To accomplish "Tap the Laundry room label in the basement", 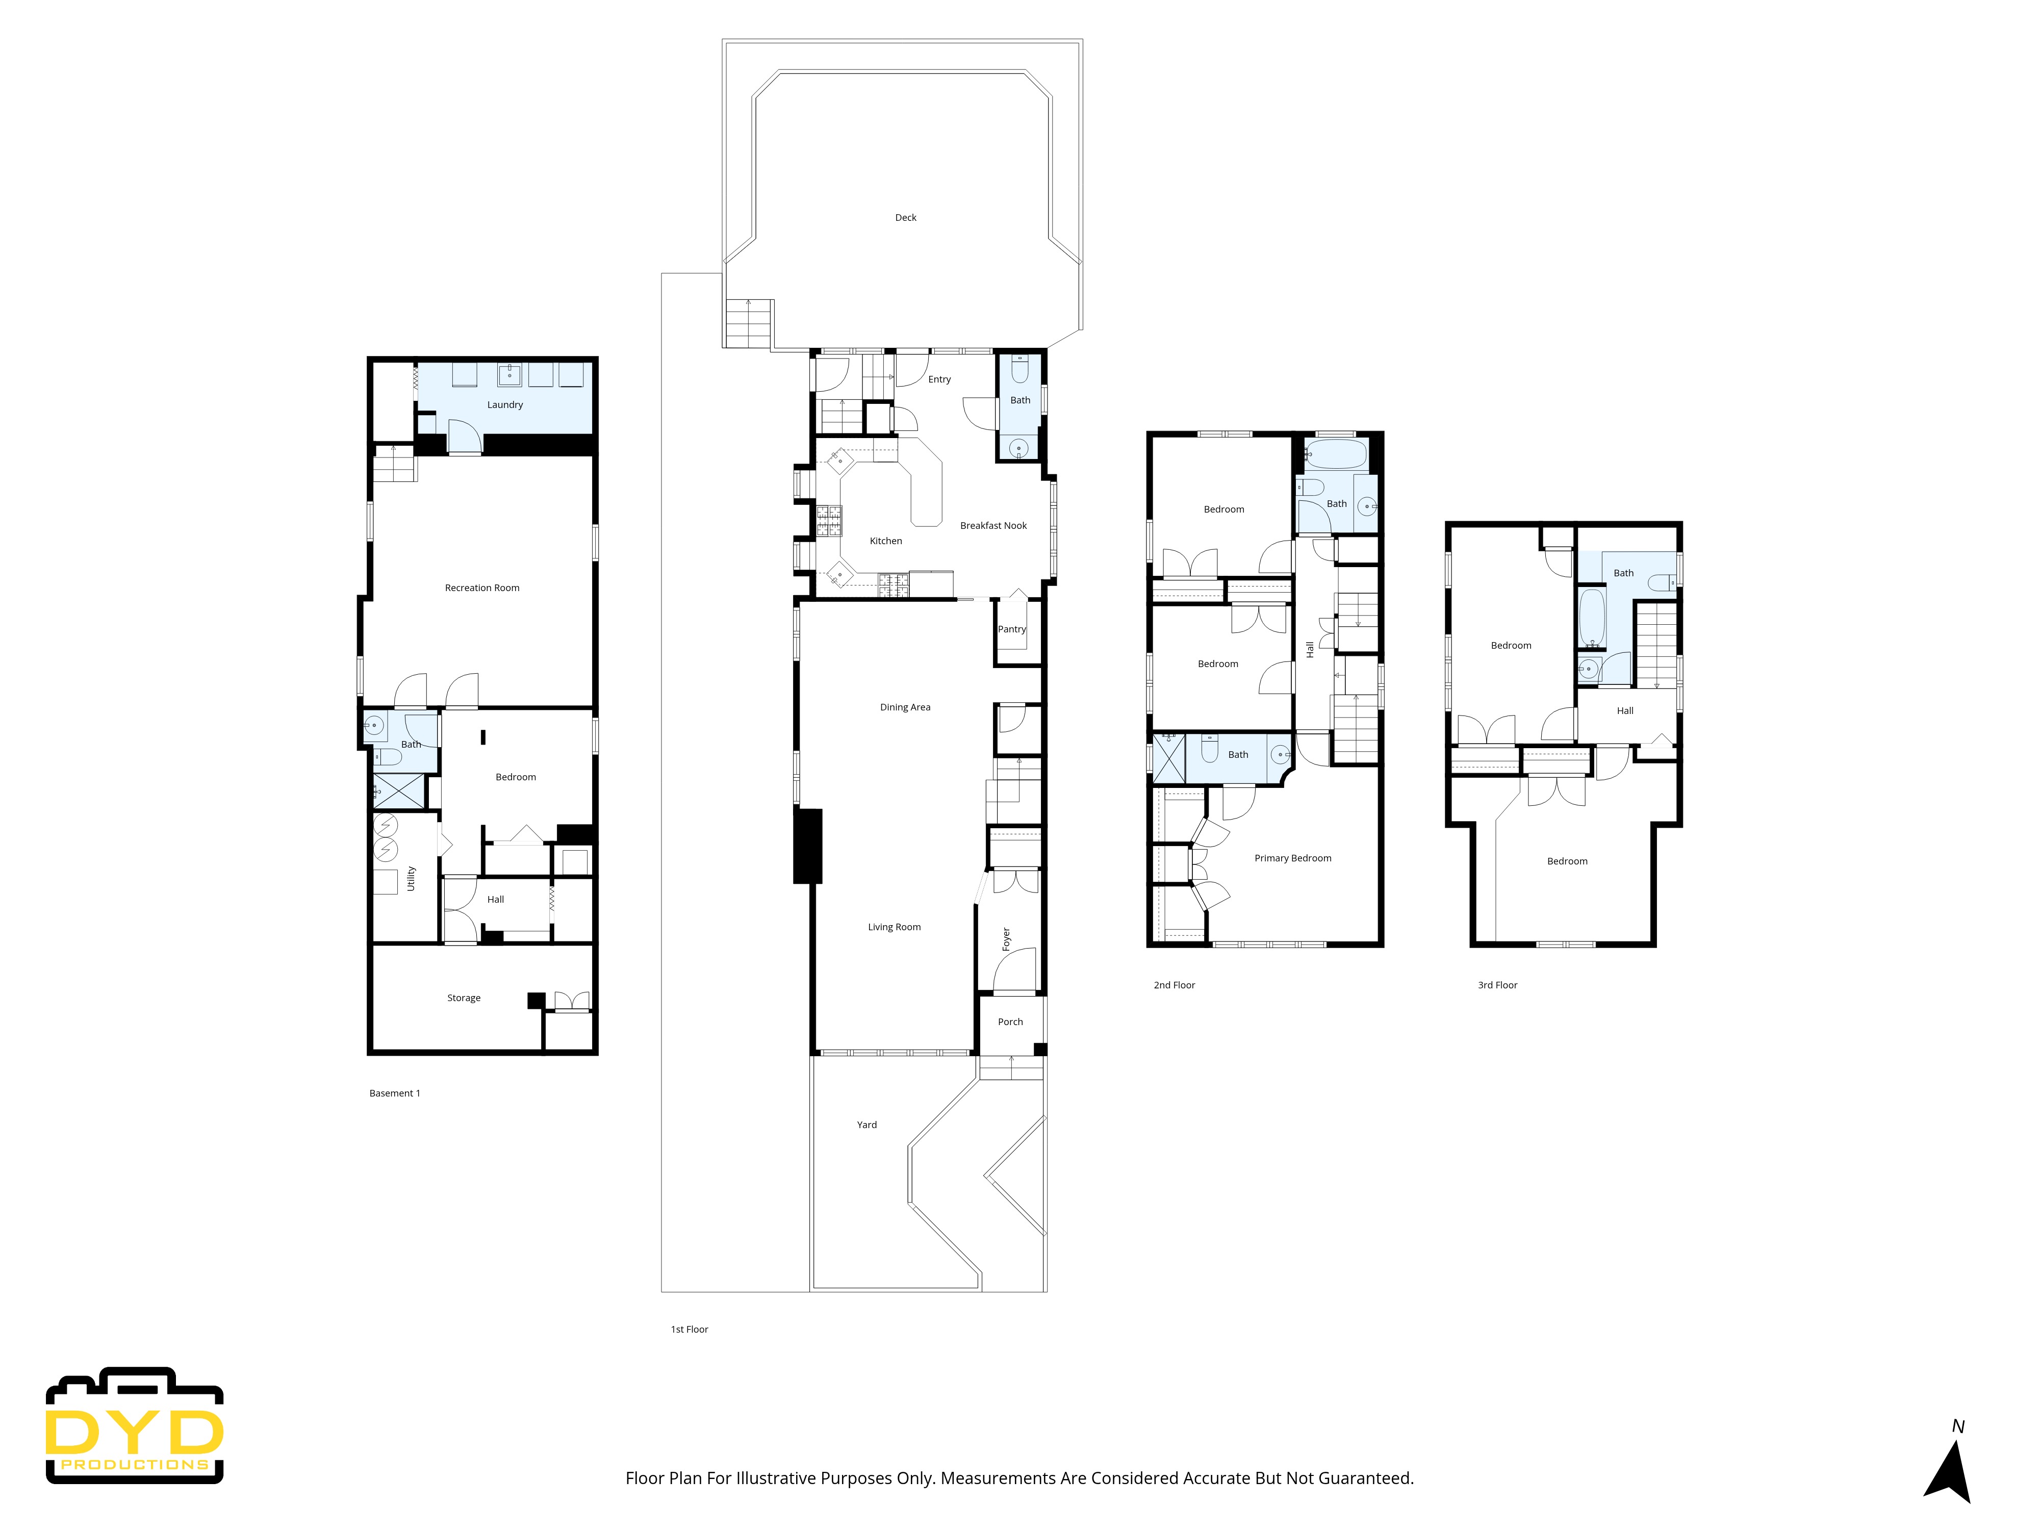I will pyautogui.click(x=504, y=405).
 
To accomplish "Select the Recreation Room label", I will pyautogui.click(x=481, y=588).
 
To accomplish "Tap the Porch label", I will pyautogui.click(x=1010, y=1022).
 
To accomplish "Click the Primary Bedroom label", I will pyautogui.click(x=1291, y=858).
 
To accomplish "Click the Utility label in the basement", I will pyautogui.click(x=412, y=878).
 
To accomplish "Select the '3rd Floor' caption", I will pyautogui.click(x=1497, y=985).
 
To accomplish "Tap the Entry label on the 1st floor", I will pyautogui.click(x=939, y=379).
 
